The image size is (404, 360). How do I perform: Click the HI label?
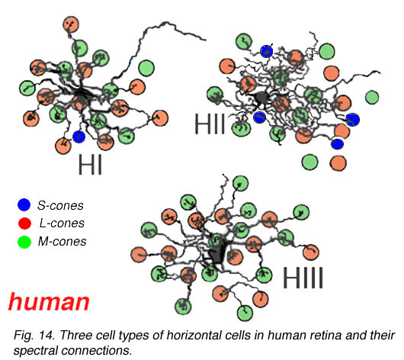click(90, 164)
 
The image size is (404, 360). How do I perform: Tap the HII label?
click(210, 124)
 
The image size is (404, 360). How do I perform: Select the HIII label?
click(303, 278)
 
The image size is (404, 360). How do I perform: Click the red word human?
click(49, 302)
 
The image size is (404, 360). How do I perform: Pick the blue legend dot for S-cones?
click(24, 204)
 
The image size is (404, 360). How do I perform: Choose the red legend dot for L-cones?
click(24, 223)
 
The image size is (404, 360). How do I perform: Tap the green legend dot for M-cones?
click(24, 242)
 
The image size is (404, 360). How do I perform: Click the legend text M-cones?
click(62, 242)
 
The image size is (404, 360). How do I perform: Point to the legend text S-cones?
click(60, 205)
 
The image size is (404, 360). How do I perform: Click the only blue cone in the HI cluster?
click(79, 137)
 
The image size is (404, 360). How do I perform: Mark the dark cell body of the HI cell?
click(82, 97)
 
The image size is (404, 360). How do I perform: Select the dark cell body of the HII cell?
click(261, 98)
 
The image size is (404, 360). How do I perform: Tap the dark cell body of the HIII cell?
click(217, 249)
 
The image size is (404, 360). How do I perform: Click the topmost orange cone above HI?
click(71, 24)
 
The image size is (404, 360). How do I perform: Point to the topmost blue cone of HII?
click(267, 51)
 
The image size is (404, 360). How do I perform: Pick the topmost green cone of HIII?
click(241, 184)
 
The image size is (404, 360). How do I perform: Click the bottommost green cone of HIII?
click(245, 313)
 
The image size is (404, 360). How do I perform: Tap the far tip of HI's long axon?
click(205, 40)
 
